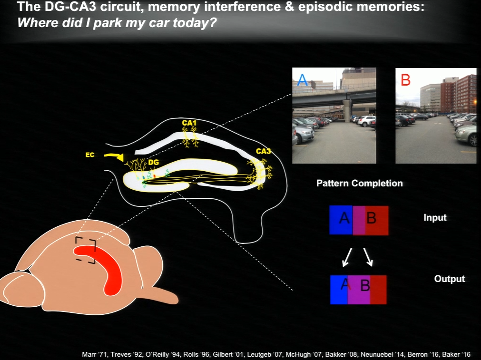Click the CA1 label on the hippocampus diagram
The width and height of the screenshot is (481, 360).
[189, 123]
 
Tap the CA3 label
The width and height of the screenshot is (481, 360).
[263, 151]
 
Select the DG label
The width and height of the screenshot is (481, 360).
[153, 162]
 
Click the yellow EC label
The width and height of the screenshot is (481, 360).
[90, 155]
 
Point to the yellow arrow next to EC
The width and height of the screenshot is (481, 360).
[114, 156]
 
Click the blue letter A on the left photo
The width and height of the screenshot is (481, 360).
[302, 80]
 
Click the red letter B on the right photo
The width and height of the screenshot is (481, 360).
[405, 80]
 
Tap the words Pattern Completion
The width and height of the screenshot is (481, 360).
[360, 183]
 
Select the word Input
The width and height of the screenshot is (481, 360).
[435, 217]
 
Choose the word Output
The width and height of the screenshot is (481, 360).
[450, 279]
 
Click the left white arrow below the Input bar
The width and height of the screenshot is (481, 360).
[347, 257]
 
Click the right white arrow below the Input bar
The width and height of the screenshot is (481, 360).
[368, 257]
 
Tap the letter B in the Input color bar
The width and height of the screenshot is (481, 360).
[371, 218]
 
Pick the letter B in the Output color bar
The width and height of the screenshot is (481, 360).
[365, 285]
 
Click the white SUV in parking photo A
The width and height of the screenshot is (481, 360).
[366, 121]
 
